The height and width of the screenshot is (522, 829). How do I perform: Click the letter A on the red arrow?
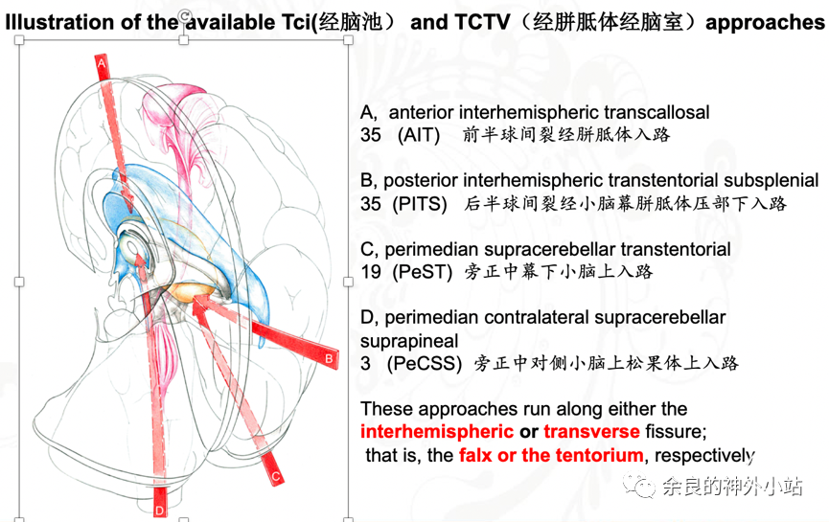[x=102, y=64]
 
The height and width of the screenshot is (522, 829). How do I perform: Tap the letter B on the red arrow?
[x=329, y=359]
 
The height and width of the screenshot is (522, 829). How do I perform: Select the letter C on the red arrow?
[x=275, y=477]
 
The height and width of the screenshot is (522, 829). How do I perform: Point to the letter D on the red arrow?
[x=159, y=511]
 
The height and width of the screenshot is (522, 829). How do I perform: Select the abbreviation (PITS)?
[x=420, y=204]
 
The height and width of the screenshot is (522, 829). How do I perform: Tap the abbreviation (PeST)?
[x=423, y=272]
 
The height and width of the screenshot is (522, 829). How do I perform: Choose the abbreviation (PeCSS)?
[x=425, y=364]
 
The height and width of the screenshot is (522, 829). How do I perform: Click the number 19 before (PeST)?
[x=371, y=272]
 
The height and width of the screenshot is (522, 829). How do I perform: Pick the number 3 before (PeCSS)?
[x=366, y=364]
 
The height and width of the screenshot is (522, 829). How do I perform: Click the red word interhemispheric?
[x=437, y=432]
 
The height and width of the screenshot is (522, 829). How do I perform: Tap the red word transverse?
[x=591, y=432]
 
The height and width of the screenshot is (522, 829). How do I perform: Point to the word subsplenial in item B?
[x=771, y=181]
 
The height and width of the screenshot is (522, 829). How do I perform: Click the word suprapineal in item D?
[x=409, y=341]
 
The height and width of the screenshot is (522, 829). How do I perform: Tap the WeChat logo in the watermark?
[x=638, y=485]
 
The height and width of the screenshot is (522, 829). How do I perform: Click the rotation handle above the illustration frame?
[x=184, y=16]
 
